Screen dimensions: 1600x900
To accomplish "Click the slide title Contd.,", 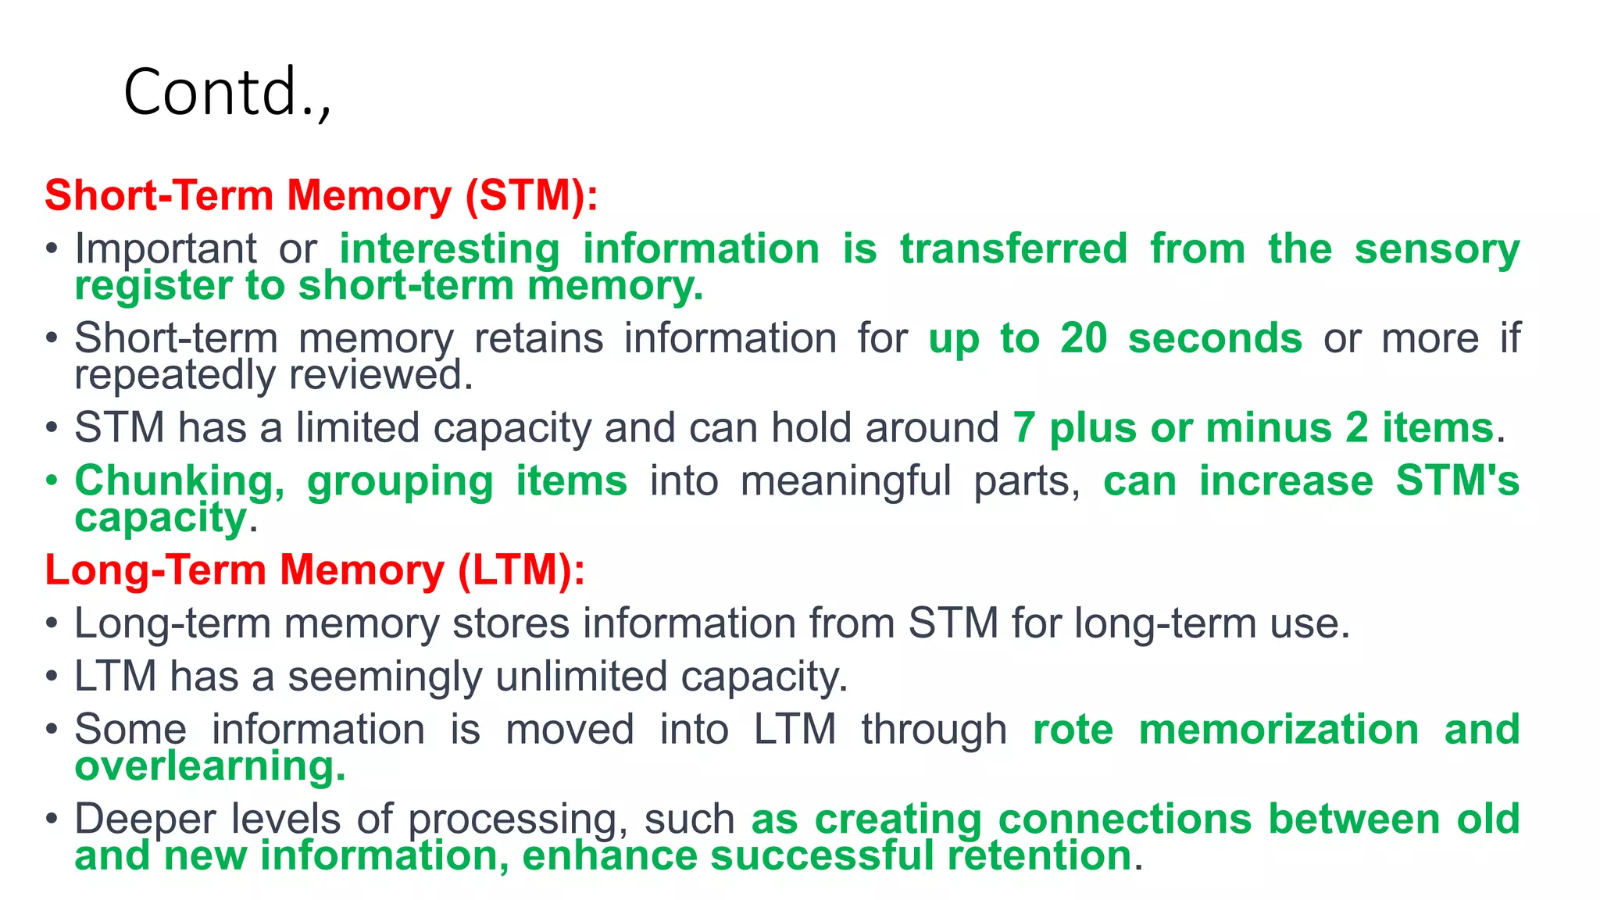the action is (227, 92).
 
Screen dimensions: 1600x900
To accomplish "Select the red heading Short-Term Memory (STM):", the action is (321, 195).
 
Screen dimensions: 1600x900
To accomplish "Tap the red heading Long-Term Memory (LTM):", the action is (315, 570).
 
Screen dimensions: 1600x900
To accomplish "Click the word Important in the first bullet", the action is (166, 249).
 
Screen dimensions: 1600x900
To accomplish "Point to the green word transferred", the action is (1014, 249).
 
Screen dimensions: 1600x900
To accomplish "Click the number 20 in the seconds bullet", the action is (1084, 339).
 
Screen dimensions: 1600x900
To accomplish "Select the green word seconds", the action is (1215, 339).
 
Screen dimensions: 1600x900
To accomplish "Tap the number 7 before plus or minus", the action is (1023, 428).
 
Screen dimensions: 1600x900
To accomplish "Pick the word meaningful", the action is (845, 481).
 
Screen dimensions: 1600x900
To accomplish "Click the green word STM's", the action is (1458, 480).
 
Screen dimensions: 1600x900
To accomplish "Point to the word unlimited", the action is (580, 677).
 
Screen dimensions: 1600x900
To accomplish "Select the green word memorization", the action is (1279, 730).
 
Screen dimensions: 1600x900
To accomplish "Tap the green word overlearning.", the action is (210, 766).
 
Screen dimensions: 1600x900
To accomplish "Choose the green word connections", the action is (1125, 820).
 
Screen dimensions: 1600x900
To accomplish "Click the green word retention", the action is (1040, 856).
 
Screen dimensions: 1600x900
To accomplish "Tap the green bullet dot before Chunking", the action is (52, 480).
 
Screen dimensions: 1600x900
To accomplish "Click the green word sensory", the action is (1437, 249).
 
